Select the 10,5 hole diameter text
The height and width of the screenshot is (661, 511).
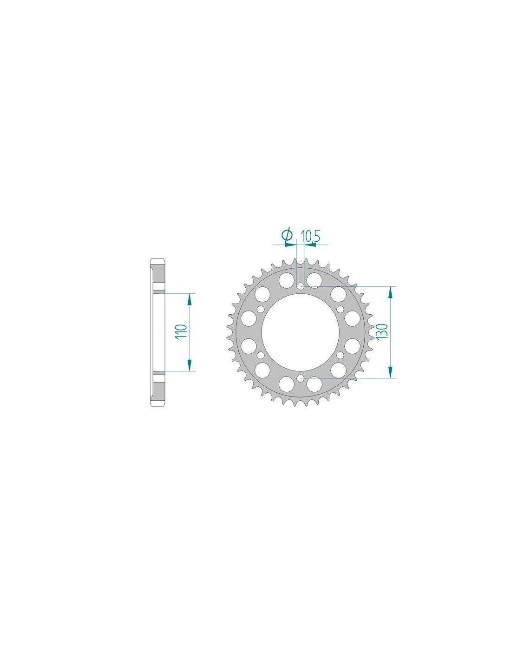click(x=310, y=237)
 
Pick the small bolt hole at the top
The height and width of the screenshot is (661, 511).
click(x=301, y=286)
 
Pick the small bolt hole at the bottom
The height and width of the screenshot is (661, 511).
click(x=301, y=378)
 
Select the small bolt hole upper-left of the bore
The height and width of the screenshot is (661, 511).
click(x=261, y=309)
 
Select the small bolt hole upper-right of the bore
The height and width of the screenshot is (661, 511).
click(x=340, y=309)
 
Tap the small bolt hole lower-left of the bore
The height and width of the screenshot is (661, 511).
click(x=261, y=355)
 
